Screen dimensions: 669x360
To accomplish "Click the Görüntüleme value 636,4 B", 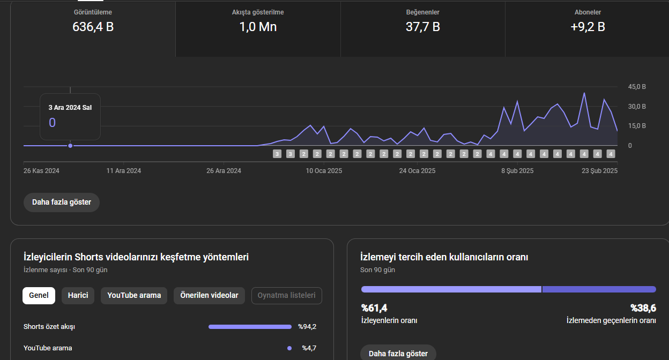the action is click(93, 27).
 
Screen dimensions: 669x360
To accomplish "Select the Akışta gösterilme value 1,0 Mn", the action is click(258, 27).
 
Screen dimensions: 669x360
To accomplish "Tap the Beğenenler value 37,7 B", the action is click(422, 27).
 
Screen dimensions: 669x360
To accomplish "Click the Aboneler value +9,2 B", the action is click(588, 27).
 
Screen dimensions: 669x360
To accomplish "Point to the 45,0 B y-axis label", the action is click(637, 87).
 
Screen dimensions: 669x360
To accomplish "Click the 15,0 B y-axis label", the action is click(637, 126).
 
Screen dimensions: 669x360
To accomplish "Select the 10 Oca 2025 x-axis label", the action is click(324, 171).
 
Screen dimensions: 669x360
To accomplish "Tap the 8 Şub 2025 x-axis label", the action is click(517, 171).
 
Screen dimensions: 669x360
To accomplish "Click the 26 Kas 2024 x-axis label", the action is click(41, 171).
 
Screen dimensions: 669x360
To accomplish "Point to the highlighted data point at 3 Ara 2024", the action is click(70, 146).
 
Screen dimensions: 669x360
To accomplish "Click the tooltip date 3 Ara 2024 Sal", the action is click(70, 108).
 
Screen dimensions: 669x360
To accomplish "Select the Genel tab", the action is click(39, 296).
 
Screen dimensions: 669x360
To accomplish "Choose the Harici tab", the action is click(78, 296).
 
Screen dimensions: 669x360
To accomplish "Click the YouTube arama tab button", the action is click(134, 296).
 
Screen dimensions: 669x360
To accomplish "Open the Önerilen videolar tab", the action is click(209, 296).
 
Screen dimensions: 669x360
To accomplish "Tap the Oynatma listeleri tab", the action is click(286, 296).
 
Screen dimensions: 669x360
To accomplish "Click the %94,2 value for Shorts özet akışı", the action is click(307, 327).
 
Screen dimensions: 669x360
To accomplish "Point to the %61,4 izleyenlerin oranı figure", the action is click(374, 308).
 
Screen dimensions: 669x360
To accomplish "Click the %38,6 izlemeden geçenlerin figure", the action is click(643, 308).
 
